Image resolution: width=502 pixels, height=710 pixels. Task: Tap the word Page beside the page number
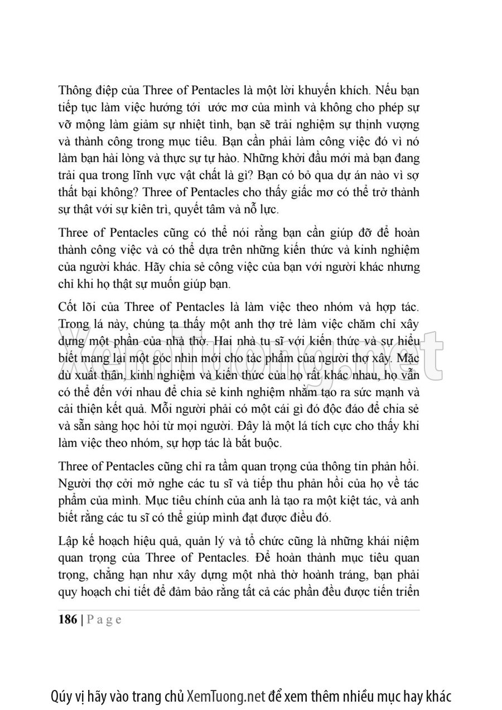click(104, 620)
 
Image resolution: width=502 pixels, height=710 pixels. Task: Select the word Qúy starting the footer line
click(61, 696)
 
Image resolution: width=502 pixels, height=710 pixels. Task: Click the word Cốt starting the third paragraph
click(67, 308)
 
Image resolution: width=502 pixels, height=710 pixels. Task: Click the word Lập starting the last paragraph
click(68, 542)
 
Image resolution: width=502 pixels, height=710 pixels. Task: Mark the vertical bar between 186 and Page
click(83, 620)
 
